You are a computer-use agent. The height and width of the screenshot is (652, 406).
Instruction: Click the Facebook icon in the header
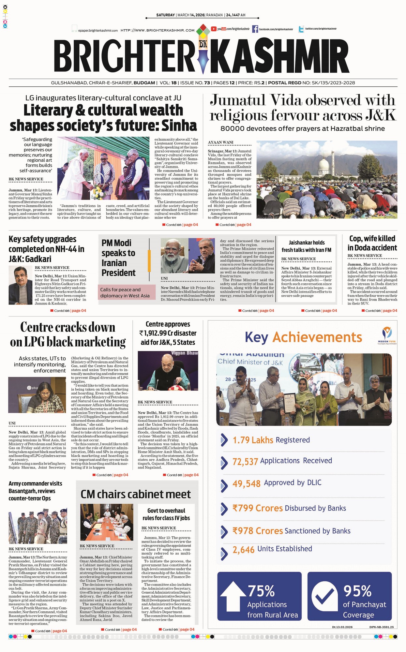click(x=255, y=29)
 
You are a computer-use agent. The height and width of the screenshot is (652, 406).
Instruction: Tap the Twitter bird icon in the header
click(x=301, y=29)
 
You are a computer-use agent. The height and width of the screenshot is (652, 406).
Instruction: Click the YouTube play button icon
click(x=214, y=29)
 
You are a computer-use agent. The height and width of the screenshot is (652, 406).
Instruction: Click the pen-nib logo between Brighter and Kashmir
click(x=203, y=55)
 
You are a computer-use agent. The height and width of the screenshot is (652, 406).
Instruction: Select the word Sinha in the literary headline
click(x=179, y=126)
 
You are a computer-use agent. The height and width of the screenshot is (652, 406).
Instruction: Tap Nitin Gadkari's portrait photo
click(x=20, y=285)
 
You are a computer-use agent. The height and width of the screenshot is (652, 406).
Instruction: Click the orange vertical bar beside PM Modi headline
click(x=149, y=260)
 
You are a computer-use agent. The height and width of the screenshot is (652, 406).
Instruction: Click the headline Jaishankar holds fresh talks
click(x=306, y=246)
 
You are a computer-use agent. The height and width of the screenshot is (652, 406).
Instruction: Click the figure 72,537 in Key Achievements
click(x=245, y=461)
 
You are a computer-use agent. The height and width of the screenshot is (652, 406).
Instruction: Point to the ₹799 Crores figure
click(x=257, y=508)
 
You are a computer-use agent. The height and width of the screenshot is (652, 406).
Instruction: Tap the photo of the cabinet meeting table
click(x=107, y=522)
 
